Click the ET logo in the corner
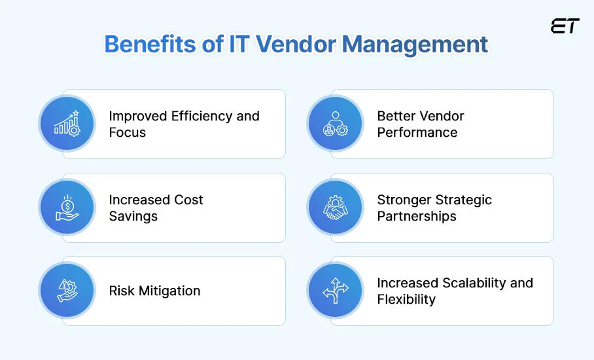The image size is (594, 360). (x=565, y=27)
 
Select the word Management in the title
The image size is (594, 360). (x=415, y=45)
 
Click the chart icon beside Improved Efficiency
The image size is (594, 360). (x=67, y=124)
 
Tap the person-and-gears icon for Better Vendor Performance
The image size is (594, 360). (x=335, y=124)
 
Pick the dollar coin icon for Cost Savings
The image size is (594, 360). (x=67, y=207)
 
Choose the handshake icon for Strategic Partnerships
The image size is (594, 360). (x=335, y=207)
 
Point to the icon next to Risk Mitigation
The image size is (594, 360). (x=67, y=291)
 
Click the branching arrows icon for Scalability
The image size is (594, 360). (x=335, y=291)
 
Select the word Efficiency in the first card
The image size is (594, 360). (x=201, y=117)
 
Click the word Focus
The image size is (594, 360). (x=127, y=133)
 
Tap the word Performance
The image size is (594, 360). (x=417, y=133)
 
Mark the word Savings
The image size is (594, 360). (x=133, y=217)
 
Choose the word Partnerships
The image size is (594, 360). (x=417, y=217)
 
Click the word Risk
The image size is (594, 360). (x=122, y=291)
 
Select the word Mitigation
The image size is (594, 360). (x=169, y=291)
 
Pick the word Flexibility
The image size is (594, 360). (x=406, y=300)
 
